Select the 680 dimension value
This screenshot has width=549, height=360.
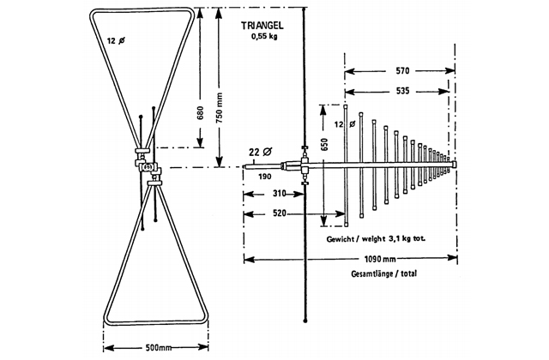[x=200, y=114]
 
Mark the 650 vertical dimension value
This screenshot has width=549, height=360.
[x=324, y=145]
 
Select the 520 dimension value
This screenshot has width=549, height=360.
[x=274, y=213]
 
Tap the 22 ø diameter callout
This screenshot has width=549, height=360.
[x=256, y=151]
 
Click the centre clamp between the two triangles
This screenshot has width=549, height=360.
[x=148, y=167]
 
